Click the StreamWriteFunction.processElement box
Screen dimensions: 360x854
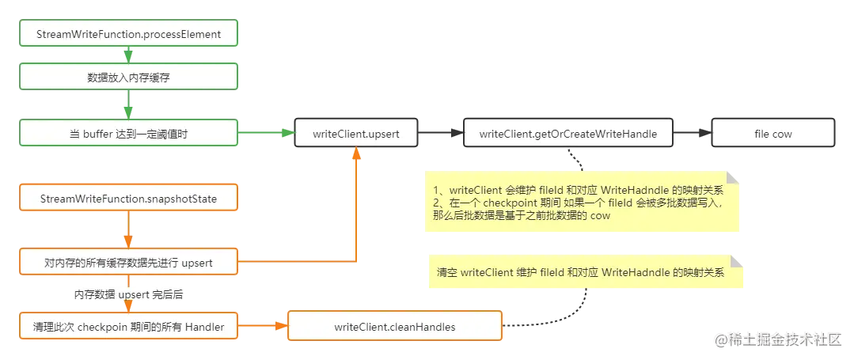[128, 34]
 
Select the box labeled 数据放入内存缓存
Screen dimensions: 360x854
[128, 77]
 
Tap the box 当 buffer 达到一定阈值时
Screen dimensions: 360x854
[128, 134]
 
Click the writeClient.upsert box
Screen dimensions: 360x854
[356, 134]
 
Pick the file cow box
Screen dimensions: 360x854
[772, 134]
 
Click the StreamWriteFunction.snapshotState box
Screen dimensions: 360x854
[128, 199]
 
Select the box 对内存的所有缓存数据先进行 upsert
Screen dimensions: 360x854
[128, 261]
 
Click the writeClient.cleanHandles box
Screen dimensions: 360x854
[394, 326]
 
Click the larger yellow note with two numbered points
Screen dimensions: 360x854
[582, 203]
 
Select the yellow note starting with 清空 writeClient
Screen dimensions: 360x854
[586, 272]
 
